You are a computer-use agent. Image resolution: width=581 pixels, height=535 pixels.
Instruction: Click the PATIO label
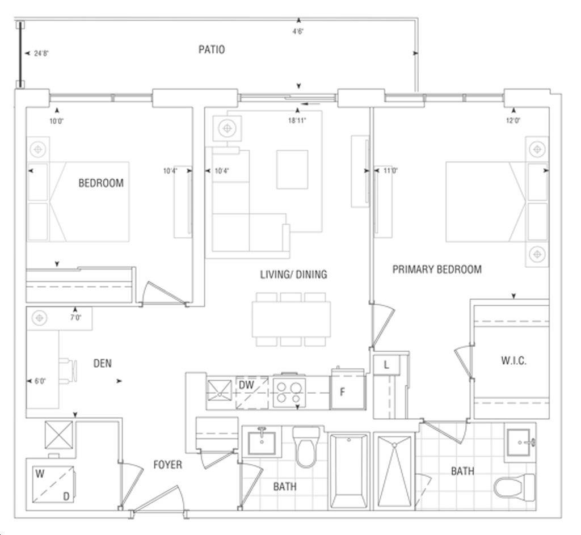212,50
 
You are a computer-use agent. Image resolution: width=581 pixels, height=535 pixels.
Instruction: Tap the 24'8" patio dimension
41,53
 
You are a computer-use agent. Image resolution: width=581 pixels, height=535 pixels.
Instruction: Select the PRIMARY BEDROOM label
437,269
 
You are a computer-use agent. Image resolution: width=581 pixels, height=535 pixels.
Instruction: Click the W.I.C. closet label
513,360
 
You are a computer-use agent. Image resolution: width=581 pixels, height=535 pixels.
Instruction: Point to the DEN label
102,364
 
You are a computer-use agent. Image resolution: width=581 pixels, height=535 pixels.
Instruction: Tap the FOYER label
168,465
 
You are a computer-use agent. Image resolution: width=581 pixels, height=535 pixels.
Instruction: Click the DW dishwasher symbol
252,393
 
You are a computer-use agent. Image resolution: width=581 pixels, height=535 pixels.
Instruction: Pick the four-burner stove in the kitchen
289,393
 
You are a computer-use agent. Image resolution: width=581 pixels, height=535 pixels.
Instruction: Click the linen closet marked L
386,365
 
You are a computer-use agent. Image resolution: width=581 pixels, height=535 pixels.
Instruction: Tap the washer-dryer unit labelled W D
53,485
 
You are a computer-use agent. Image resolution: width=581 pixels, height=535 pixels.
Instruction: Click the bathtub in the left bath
349,471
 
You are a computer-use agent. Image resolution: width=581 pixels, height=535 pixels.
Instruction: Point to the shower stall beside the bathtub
395,471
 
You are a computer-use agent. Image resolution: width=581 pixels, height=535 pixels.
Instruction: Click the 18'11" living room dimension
297,120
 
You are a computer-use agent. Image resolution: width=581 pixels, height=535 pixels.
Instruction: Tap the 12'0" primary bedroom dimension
513,120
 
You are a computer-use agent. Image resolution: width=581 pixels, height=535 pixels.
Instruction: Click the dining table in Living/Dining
291,319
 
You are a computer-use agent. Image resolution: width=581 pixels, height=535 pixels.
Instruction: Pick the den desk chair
68,370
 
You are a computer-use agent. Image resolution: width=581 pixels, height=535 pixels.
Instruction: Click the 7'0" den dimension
76,318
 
